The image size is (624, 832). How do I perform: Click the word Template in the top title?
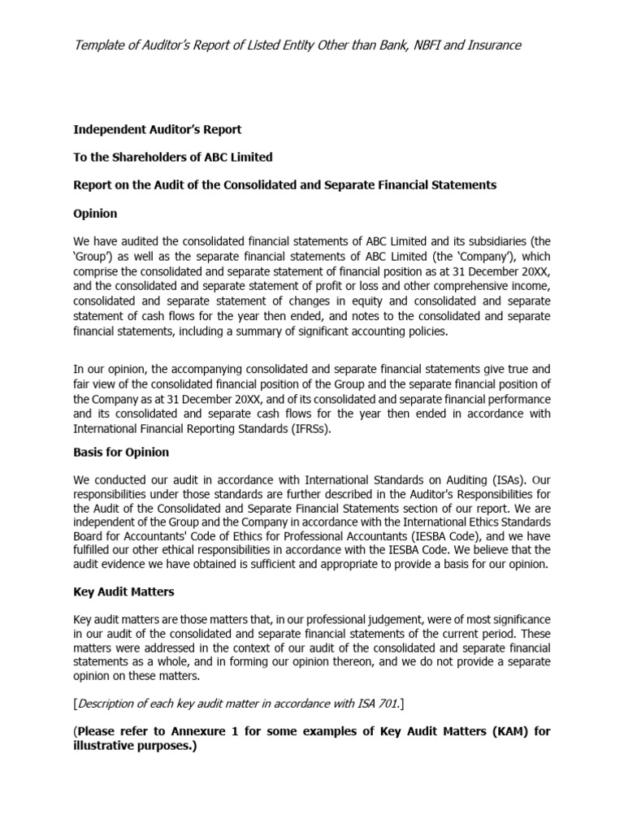point(101,45)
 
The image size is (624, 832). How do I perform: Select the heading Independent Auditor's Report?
point(158,129)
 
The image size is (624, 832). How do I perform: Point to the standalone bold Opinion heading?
point(95,214)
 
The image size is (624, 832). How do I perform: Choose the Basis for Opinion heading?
point(121,452)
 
